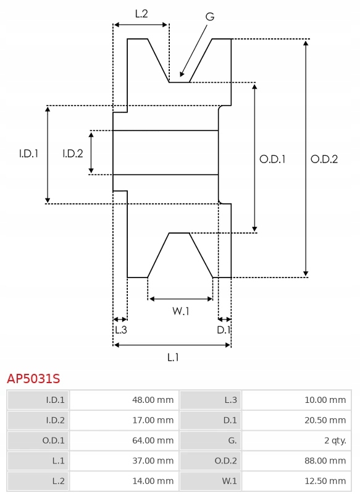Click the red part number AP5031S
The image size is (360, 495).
pos(33,378)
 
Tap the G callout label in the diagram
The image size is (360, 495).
pos(210,17)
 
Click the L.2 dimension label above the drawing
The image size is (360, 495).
pos(141,14)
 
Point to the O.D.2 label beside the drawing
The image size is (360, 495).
pos(324,159)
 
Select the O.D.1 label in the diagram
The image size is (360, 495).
pos(272,159)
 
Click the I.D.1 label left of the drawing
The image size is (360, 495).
pos(28,153)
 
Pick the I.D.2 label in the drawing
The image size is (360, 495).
pos(73,153)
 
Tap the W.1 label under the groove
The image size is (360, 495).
pos(181,311)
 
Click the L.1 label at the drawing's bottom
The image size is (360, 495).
pos(173,357)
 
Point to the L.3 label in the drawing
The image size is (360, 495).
pos(121,330)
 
